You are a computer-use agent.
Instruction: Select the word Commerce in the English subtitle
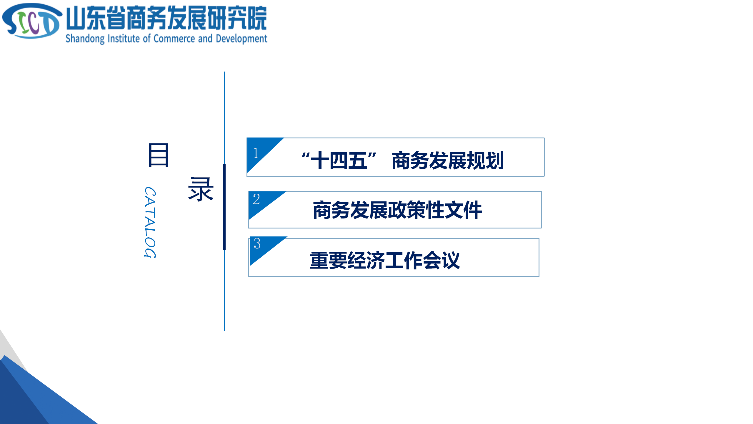point(174,39)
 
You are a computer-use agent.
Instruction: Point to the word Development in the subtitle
point(241,39)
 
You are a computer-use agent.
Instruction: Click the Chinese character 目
point(159,155)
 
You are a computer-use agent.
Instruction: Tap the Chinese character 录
point(201,189)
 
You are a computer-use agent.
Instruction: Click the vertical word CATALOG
point(150,222)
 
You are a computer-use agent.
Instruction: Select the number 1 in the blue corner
point(256,153)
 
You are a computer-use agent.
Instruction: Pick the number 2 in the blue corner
point(256,199)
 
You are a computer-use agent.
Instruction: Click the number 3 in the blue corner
point(257,244)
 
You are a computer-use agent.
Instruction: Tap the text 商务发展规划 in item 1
point(448,161)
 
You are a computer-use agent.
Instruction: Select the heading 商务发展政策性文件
point(397,210)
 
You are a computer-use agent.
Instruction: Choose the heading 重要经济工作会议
point(385,260)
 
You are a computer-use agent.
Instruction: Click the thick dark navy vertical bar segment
point(224,207)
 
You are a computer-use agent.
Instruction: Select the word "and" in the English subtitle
point(205,38)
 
